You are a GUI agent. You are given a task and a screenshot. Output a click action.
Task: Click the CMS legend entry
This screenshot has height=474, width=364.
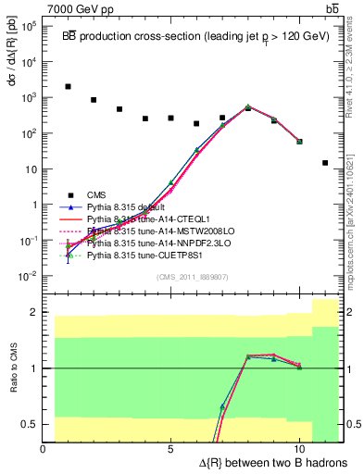pyautogui.click(x=96, y=195)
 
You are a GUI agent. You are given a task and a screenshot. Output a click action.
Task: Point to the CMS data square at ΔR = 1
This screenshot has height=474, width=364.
pyautogui.click(x=69, y=86)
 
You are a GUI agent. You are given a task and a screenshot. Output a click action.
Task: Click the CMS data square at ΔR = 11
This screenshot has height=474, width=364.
pyautogui.click(x=325, y=163)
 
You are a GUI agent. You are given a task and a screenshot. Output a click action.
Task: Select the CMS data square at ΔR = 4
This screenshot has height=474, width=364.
pyautogui.click(x=145, y=118)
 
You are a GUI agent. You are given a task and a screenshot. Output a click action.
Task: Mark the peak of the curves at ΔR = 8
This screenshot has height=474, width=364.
pyautogui.click(x=248, y=107)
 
